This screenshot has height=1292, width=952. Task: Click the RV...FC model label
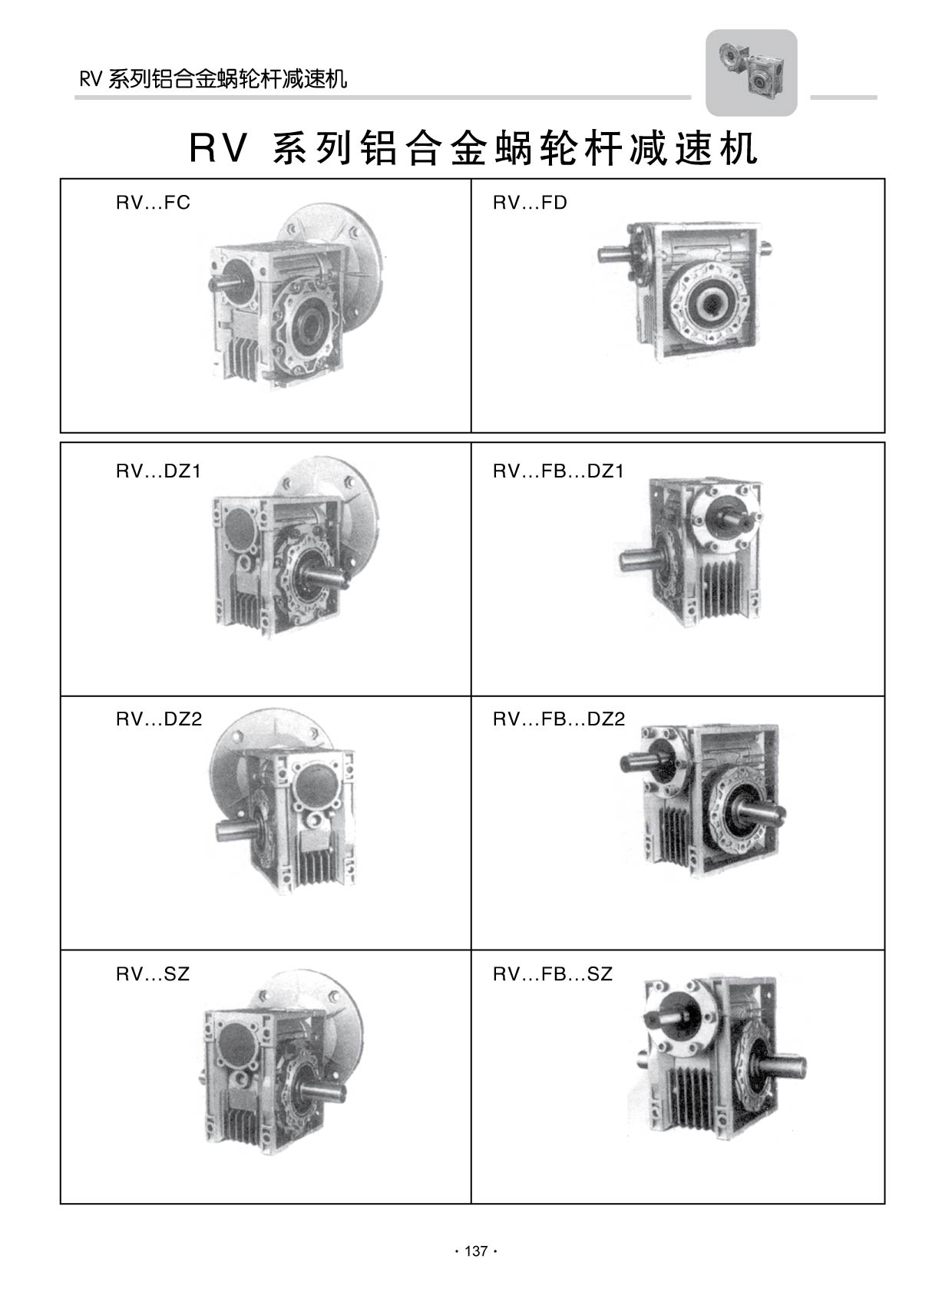coord(153,203)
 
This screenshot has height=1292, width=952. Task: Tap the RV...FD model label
coord(530,203)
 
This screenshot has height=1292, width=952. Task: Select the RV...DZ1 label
coord(159,471)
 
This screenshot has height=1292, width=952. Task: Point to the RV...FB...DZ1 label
coord(558,471)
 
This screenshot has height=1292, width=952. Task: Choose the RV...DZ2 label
coord(159,719)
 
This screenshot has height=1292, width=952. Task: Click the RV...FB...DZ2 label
coord(559,719)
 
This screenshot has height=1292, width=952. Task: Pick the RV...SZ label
coord(153,974)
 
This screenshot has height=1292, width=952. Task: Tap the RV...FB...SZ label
coord(553,974)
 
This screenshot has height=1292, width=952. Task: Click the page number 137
coord(476,1251)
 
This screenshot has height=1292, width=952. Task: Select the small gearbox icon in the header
coord(751,73)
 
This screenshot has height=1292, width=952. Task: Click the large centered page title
coord(473,148)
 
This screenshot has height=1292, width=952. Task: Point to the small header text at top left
coord(213,79)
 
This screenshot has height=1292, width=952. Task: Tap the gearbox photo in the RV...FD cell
coord(684,292)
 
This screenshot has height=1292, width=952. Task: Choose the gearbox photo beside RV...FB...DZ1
coord(689,552)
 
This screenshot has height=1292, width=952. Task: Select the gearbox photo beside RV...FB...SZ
coord(720,1059)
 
